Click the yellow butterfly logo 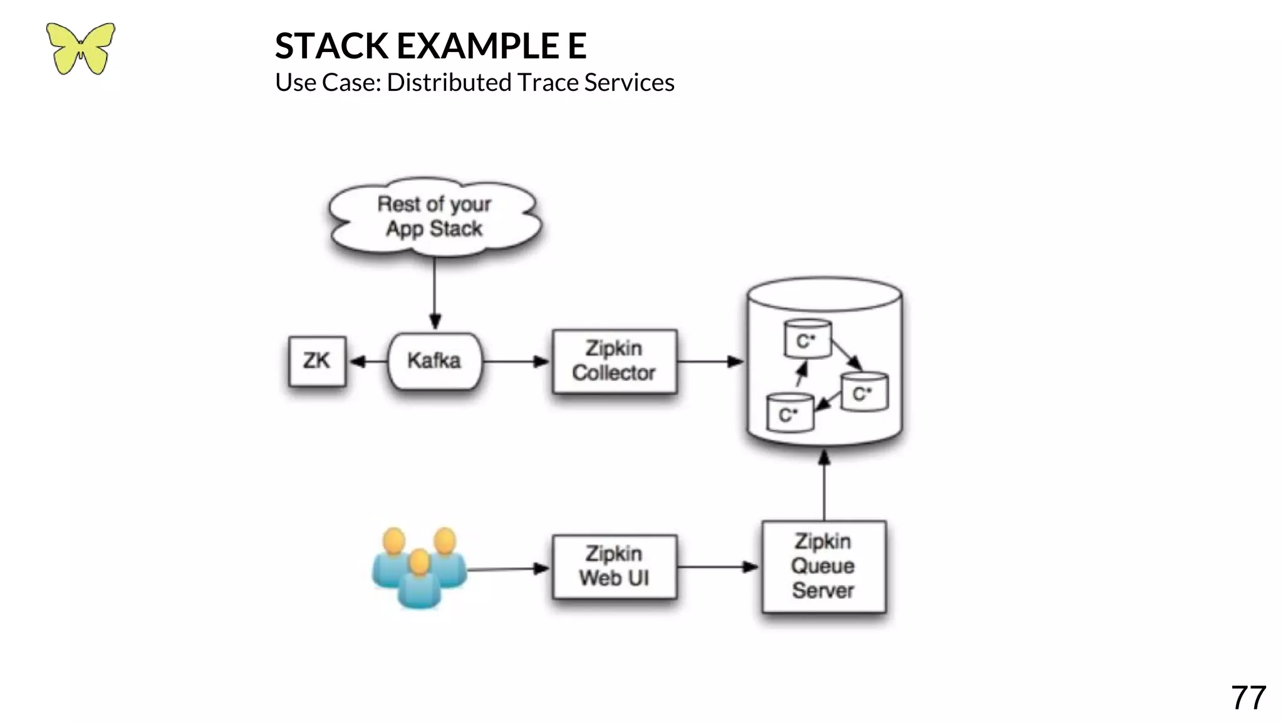point(80,48)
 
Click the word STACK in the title point(332,46)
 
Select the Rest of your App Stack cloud point(434,217)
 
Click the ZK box point(317,362)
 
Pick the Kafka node point(435,361)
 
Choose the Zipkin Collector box point(614,361)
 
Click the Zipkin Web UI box point(614,567)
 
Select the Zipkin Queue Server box point(823,567)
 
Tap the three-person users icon point(419,568)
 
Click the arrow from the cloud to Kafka point(435,291)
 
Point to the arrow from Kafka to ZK point(368,362)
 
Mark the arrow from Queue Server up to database point(824,486)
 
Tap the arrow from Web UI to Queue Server point(718,567)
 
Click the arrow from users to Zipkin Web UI point(508,569)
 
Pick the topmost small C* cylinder point(808,339)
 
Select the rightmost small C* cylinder point(865,392)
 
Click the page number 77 point(1248,698)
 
